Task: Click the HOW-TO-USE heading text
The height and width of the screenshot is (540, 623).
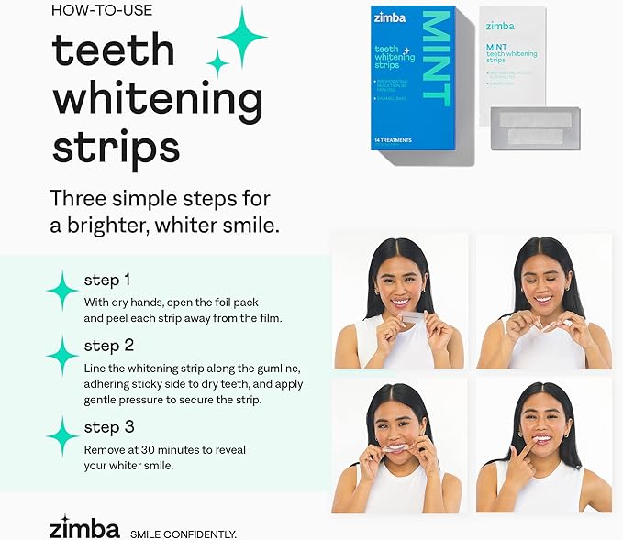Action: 101,12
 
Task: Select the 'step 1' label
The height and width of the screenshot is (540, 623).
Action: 107,280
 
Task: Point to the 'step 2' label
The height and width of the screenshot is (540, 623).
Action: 108,346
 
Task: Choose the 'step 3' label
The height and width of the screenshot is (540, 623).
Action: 108,426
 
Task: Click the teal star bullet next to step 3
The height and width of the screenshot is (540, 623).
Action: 62,435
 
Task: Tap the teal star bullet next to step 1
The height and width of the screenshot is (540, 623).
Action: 62,290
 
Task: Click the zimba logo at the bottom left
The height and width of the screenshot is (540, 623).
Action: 84,529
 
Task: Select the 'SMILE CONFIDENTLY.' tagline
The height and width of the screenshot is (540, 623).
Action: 184,534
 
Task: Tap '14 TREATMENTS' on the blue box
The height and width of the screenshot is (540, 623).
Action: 394,140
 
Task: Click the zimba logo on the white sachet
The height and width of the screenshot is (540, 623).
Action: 500,26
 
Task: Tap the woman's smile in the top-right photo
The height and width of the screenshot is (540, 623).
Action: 543,299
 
